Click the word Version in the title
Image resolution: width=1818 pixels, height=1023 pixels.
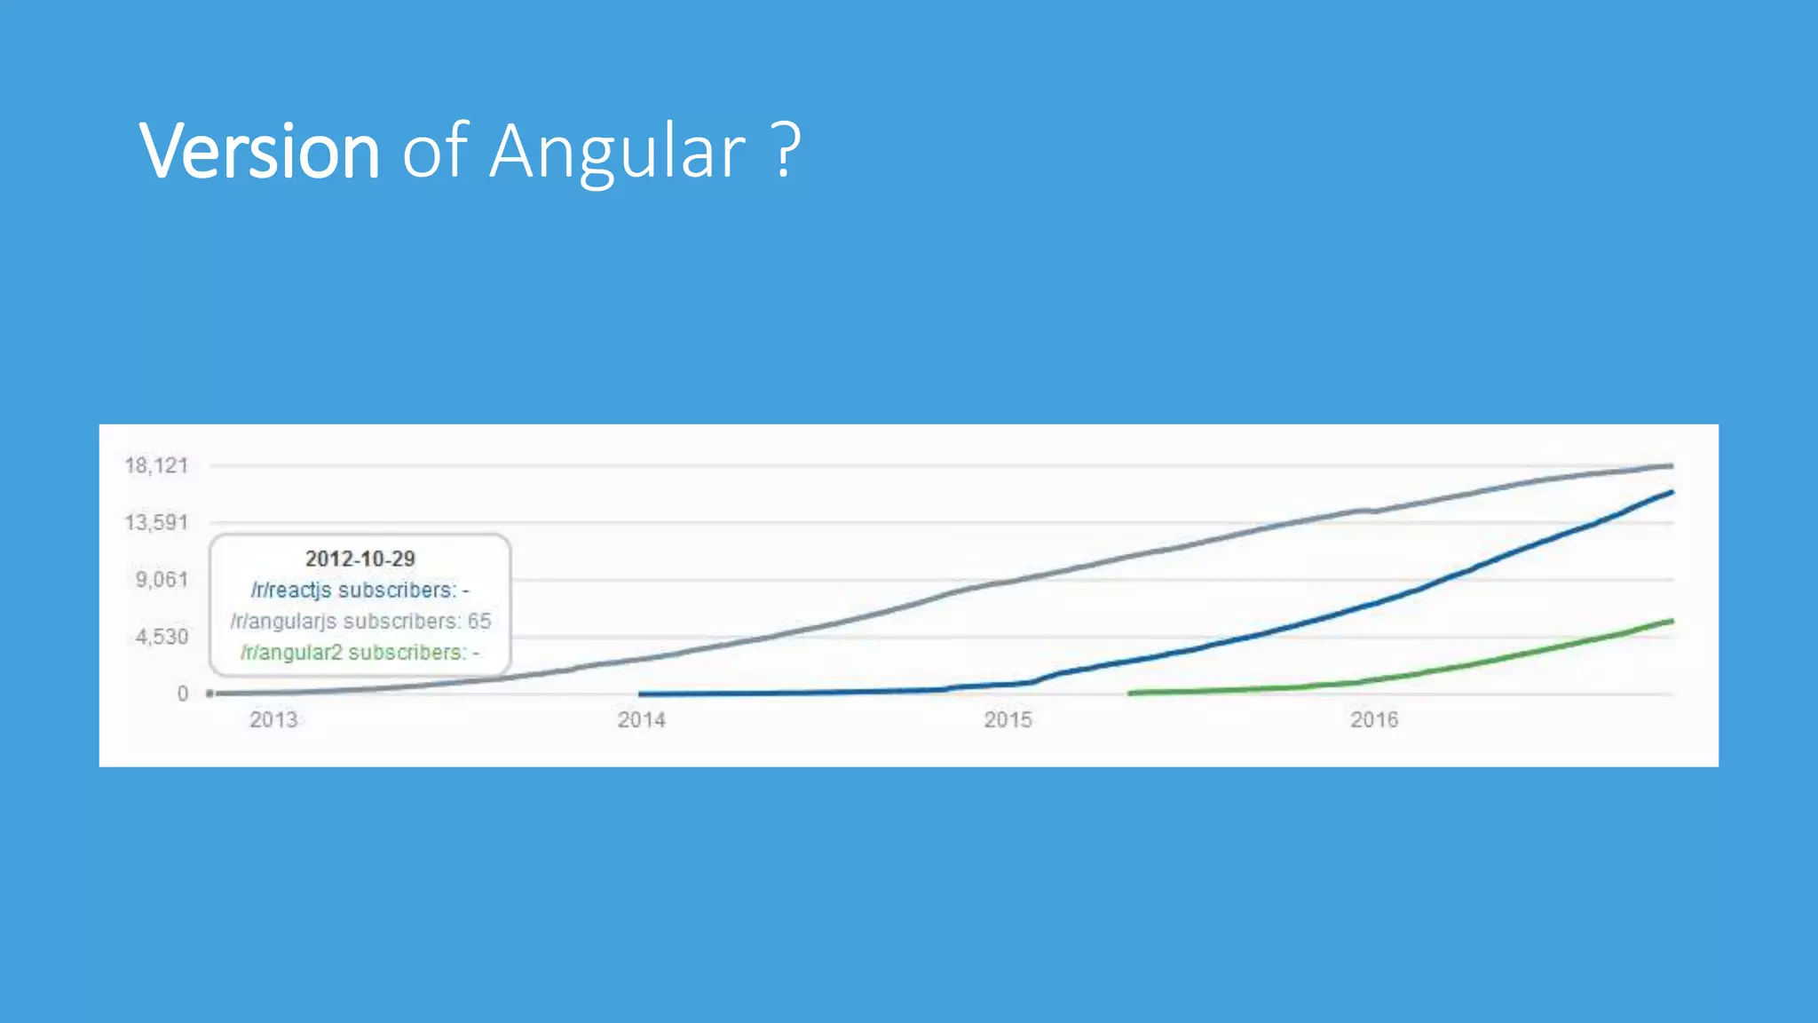259,151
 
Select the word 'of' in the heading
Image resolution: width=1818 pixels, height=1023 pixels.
435,151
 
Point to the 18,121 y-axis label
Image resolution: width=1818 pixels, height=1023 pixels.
157,465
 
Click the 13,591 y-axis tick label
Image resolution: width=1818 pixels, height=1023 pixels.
157,522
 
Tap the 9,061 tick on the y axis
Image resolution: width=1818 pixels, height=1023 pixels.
162,580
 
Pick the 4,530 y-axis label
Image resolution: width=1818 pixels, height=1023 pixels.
162,637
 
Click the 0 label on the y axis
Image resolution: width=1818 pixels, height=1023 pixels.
183,694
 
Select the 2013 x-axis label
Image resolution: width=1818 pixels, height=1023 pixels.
273,719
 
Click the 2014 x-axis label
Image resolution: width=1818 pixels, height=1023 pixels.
641,719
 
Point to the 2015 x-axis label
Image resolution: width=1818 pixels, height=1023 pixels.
1008,719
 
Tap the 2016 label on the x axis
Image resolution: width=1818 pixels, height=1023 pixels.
1374,719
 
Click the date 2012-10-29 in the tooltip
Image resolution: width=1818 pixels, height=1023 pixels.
360,559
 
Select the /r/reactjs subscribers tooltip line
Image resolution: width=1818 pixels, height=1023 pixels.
360,590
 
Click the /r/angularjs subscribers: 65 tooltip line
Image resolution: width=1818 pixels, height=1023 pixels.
360,621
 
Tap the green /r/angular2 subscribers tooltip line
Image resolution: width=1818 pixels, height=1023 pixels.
360,652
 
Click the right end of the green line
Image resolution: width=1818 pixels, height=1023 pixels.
1672,621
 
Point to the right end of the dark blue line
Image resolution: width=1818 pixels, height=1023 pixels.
1672,492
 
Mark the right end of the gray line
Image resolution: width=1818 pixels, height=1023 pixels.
1672,465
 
